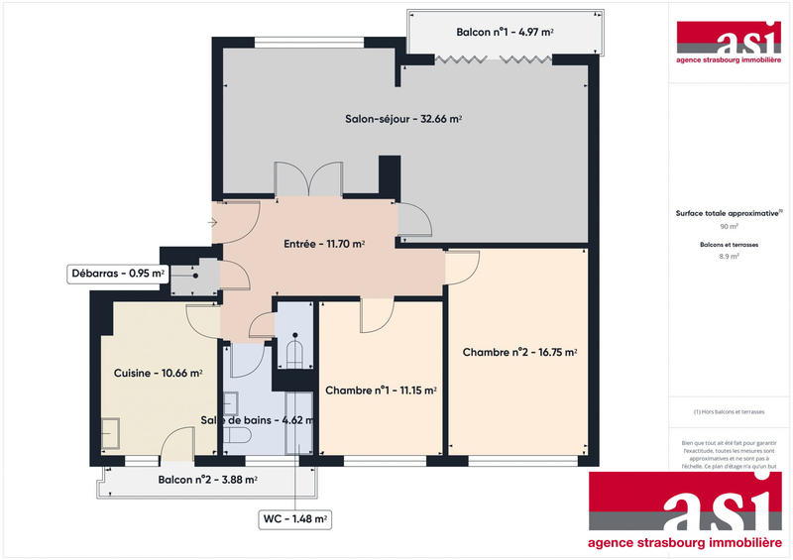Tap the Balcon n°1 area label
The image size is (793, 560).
point(505,33)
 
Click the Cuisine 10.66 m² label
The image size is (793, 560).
point(159,374)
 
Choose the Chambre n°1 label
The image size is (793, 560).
point(381,391)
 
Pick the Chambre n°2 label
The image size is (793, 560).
point(519,352)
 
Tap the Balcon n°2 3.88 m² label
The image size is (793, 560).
point(207,480)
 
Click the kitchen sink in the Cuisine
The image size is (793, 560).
point(109,434)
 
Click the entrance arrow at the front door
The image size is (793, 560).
point(212,223)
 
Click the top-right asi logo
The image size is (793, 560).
point(729,40)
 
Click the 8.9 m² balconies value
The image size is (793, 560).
point(729,256)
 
